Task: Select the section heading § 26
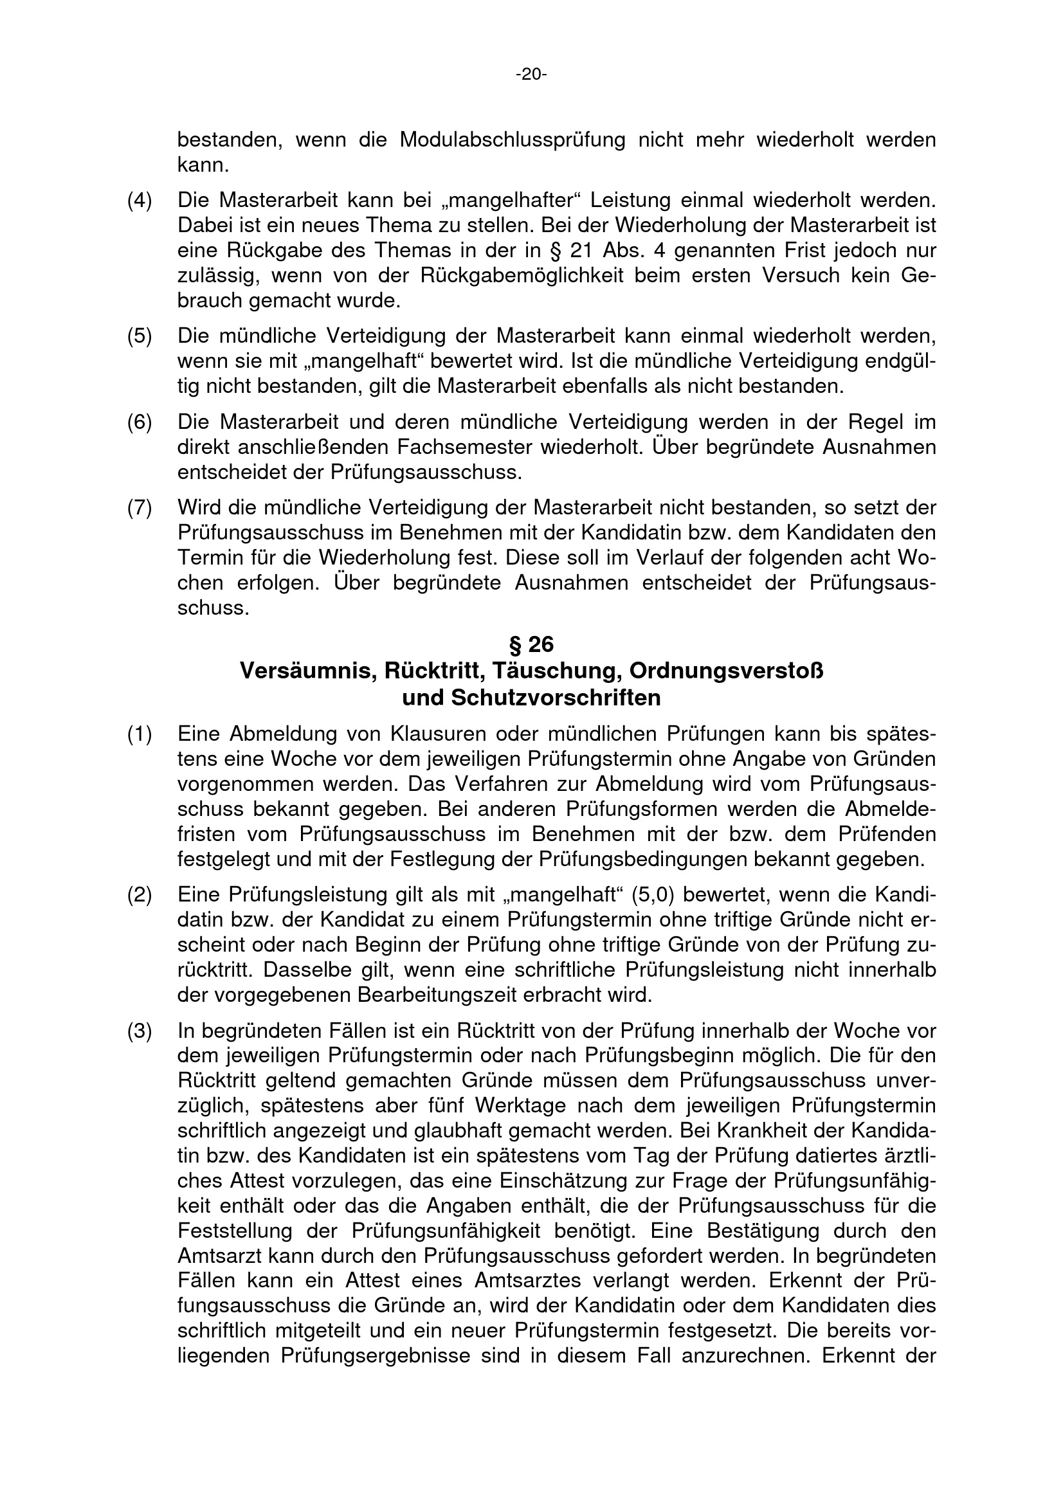531,645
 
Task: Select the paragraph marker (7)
139,508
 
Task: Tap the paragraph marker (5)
139,337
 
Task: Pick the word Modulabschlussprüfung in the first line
512,140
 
